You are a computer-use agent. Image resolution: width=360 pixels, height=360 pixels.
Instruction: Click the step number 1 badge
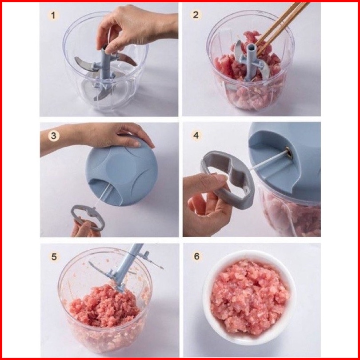pyautogui.click(x=53, y=16)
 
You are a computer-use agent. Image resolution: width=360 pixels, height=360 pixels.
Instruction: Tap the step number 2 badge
pyautogui.click(x=196, y=15)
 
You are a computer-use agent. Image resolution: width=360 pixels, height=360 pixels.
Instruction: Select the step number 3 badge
pyautogui.click(x=54, y=136)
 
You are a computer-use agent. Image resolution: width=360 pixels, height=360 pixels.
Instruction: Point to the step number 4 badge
pyautogui.click(x=196, y=135)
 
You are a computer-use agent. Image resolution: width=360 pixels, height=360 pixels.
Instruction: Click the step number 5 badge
pyautogui.click(x=54, y=256)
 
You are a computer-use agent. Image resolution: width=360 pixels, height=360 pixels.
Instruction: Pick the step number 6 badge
pyautogui.click(x=197, y=256)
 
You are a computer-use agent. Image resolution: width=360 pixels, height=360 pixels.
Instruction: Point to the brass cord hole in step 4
pyautogui.click(x=289, y=154)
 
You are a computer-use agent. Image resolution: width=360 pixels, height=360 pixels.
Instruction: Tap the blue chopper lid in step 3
pyautogui.click(x=121, y=170)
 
